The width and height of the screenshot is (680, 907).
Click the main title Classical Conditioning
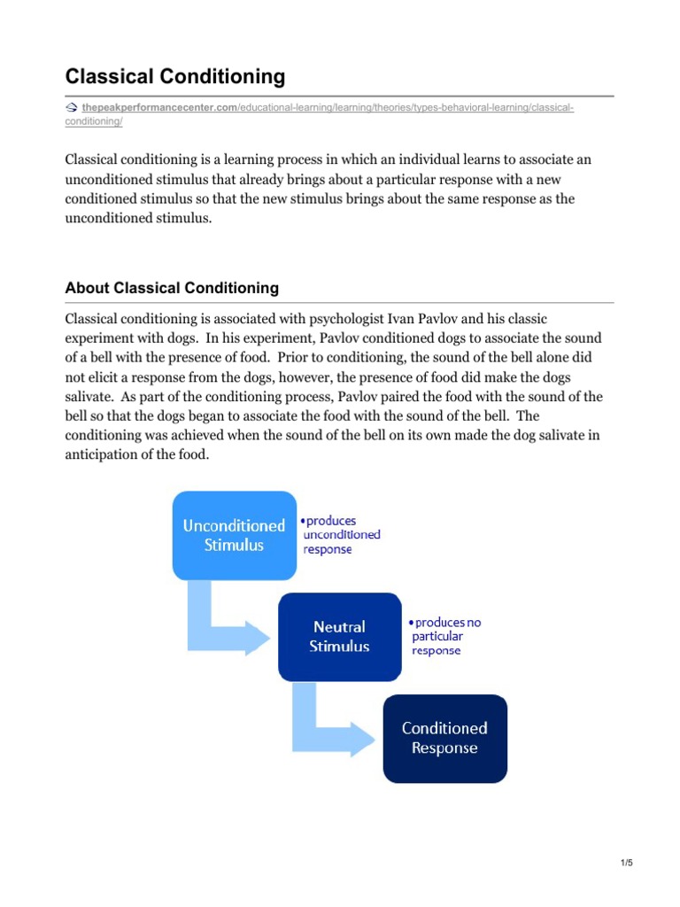[x=175, y=77]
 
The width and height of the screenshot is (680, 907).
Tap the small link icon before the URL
[x=72, y=108]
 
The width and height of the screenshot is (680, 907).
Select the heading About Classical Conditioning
[x=172, y=288]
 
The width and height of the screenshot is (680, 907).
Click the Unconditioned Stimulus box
[x=234, y=535]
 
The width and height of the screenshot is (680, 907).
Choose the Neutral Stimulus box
[x=339, y=636]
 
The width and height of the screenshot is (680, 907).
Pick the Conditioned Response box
[x=444, y=738]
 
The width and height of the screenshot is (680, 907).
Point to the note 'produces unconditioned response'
[x=342, y=535]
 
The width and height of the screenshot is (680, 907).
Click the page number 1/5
[x=625, y=864]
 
